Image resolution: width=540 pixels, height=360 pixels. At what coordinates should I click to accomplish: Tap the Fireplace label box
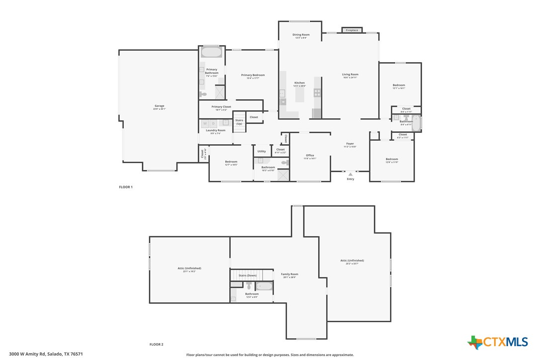click(x=352, y=30)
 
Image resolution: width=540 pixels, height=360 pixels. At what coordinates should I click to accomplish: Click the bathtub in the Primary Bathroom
click(x=211, y=52)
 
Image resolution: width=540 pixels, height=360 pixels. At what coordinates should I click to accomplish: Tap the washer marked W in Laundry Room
click(x=204, y=123)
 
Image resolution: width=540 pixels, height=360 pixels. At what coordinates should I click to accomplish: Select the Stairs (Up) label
click(x=239, y=122)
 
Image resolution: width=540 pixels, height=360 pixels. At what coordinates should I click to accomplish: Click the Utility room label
click(x=262, y=151)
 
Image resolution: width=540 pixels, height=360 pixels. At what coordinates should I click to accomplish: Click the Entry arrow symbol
click(x=350, y=174)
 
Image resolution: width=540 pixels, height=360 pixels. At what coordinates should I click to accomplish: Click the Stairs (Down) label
click(x=248, y=275)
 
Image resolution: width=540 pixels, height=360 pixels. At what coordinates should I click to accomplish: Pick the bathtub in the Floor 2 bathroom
click(x=264, y=286)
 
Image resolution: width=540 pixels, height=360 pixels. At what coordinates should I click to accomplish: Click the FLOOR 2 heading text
click(x=156, y=344)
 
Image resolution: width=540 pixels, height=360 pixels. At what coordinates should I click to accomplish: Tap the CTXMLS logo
click(x=498, y=342)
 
